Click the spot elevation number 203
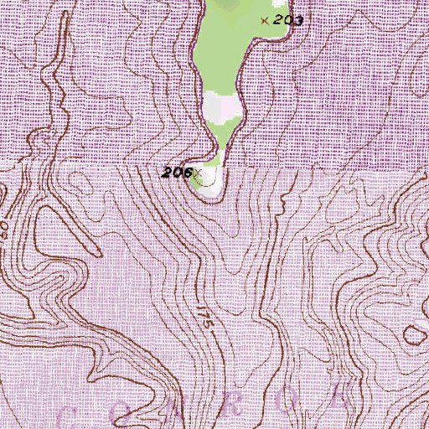coord(287,19)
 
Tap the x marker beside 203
coord(266,20)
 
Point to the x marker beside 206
coord(197,173)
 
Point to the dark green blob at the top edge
coord(226,4)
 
